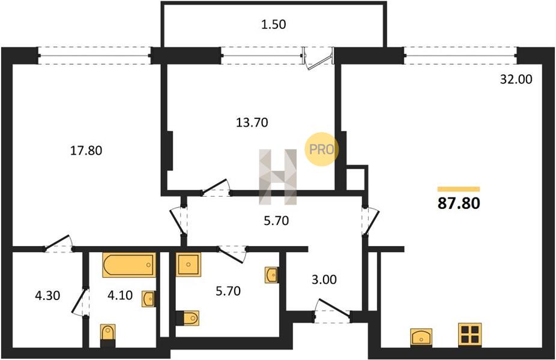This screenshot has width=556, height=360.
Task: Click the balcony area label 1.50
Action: click(273, 25)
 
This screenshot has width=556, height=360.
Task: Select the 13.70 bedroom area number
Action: click(252, 122)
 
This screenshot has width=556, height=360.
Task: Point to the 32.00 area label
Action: click(516, 79)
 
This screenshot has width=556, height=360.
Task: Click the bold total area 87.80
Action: click(459, 203)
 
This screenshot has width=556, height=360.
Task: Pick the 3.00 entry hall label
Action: click(324, 280)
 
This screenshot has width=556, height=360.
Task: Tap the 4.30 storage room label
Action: click(47, 295)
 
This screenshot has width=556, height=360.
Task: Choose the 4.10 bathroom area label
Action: click(120, 295)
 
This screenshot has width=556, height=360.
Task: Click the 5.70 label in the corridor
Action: click(277, 221)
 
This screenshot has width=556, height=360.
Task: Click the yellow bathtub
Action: click(130, 265)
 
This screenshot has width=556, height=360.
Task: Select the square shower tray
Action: click(189, 265)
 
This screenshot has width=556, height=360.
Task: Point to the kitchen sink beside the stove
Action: click(422, 337)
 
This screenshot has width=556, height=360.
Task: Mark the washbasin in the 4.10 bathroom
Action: click(148, 299)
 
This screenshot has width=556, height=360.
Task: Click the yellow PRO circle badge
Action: click(321, 149)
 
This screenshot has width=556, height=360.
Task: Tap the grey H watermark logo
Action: click(277, 177)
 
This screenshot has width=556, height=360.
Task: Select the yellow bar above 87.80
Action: click(459, 189)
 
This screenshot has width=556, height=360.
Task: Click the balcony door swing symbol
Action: click(318, 58)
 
